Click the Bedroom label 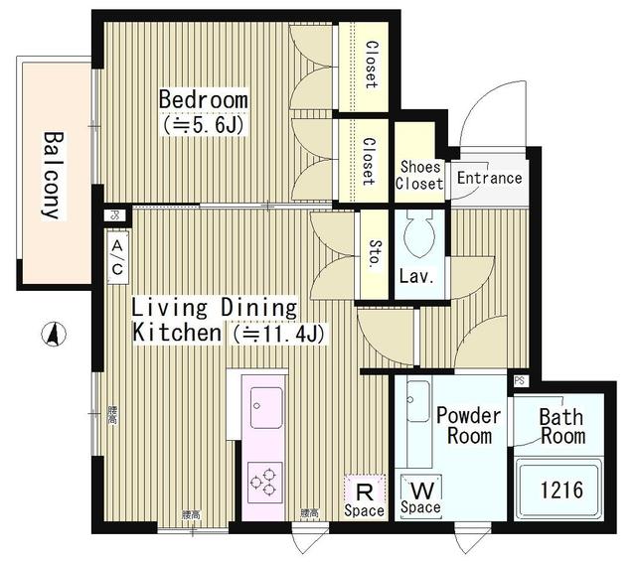pos(203,100)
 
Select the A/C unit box pos(117,257)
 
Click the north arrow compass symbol pos(52,335)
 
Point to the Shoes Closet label pos(418,175)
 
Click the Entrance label pos(488,179)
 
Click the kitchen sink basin pos(266,408)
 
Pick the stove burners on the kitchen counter pos(265,484)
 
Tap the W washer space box pos(420,493)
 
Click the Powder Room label pos(468,425)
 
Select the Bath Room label pos(561,426)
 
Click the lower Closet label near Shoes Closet pos(368,162)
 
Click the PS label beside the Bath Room pos(522,380)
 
